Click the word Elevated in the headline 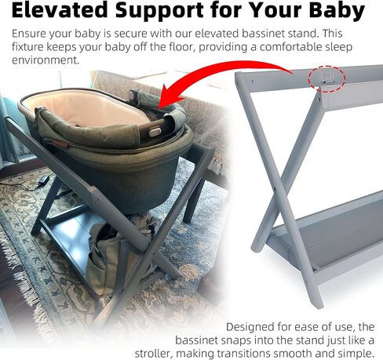[x=60, y=10]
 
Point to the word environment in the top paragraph [x=46, y=60]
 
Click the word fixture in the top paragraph [x=27, y=47]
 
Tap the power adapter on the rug [x=43, y=180]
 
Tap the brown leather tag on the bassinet [x=60, y=144]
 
